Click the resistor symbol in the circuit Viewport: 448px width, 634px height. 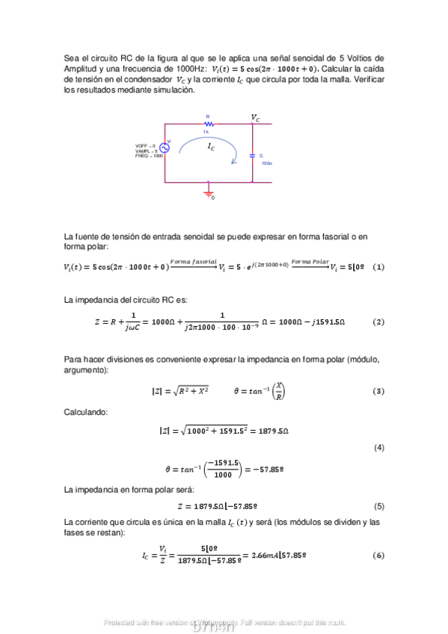210,124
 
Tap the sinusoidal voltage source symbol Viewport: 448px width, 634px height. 164,147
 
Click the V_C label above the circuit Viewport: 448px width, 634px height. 256,117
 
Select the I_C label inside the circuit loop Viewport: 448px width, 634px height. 211,148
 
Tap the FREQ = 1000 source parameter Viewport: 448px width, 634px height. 149,156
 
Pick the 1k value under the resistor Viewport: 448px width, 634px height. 206,132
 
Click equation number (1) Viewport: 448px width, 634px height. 378,267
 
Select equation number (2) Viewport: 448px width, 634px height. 378,321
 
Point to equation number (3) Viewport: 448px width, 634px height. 378,391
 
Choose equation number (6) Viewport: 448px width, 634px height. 378,555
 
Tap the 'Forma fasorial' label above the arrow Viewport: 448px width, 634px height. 193,260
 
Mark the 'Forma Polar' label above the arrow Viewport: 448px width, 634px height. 310,260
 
